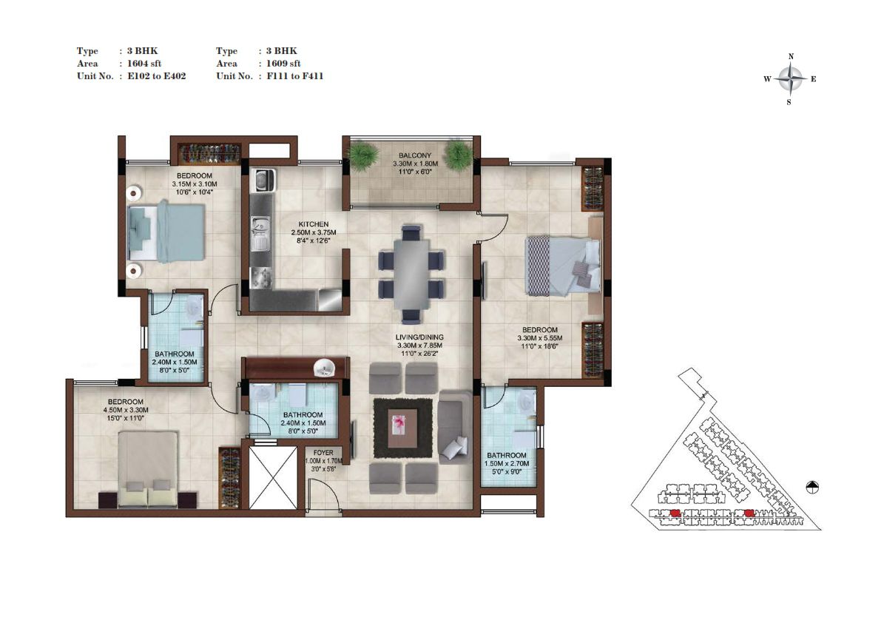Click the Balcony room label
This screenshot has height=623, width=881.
click(x=415, y=155)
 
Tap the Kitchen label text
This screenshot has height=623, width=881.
click(x=313, y=224)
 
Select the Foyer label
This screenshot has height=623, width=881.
click(x=323, y=453)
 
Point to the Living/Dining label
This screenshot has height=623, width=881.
click(x=419, y=337)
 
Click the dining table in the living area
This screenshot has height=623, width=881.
click(x=411, y=275)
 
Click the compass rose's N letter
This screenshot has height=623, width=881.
click(x=791, y=56)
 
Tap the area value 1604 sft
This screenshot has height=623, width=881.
click(x=144, y=64)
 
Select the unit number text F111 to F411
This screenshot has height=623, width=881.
click(x=295, y=75)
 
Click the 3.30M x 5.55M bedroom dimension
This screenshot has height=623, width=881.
click(x=539, y=338)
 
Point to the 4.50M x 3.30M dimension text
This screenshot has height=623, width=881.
click(x=126, y=410)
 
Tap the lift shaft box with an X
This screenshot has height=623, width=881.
click(x=272, y=477)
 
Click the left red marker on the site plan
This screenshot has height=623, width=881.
click(x=675, y=512)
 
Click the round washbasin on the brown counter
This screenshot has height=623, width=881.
click(x=324, y=368)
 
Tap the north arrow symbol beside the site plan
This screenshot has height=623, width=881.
click(x=812, y=488)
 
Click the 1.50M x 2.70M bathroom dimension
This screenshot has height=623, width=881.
click(x=506, y=464)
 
